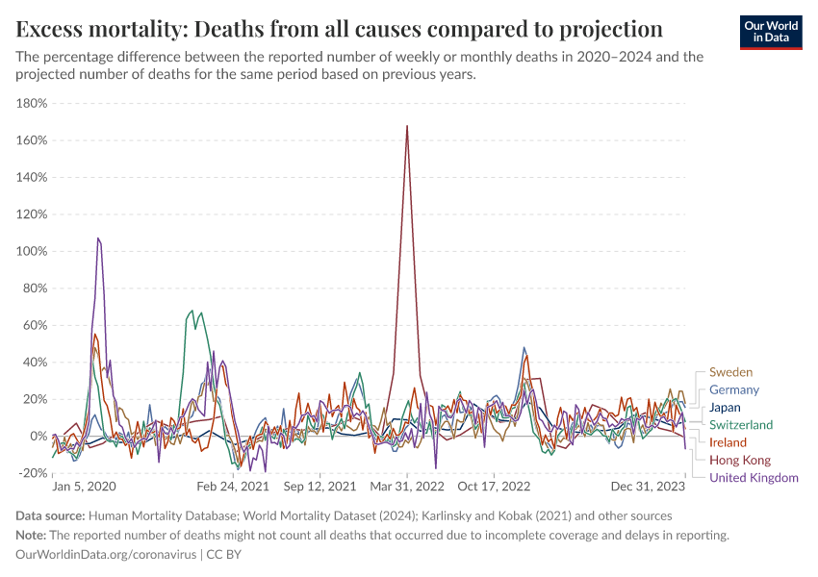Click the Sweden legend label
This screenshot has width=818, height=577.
pyautogui.click(x=730, y=372)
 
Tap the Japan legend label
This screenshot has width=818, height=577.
pyautogui.click(x=725, y=407)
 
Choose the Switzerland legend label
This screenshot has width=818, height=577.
pyautogui.click(x=741, y=425)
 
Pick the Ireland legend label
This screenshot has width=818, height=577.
pyautogui.click(x=728, y=442)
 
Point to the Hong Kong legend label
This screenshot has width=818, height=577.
pyautogui.click(x=738, y=461)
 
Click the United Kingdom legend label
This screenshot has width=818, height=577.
pyautogui.click(x=754, y=478)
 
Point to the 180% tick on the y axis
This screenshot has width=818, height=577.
pyautogui.click(x=33, y=104)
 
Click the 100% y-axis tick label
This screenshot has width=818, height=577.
pyautogui.click(x=33, y=252)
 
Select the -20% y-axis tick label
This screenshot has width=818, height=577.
pyautogui.click(x=33, y=473)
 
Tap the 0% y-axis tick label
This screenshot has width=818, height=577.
pyautogui.click(x=38, y=437)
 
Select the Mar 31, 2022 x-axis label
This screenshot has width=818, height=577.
pyautogui.click(x=408, y=488)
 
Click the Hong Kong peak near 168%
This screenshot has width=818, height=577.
pyautogui.click(x=408, y=126)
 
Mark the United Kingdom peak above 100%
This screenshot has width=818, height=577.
pyautogui.click(x=98, y=238)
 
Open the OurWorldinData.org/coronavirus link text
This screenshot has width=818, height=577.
pyautogui.click(x=106, y=555)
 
